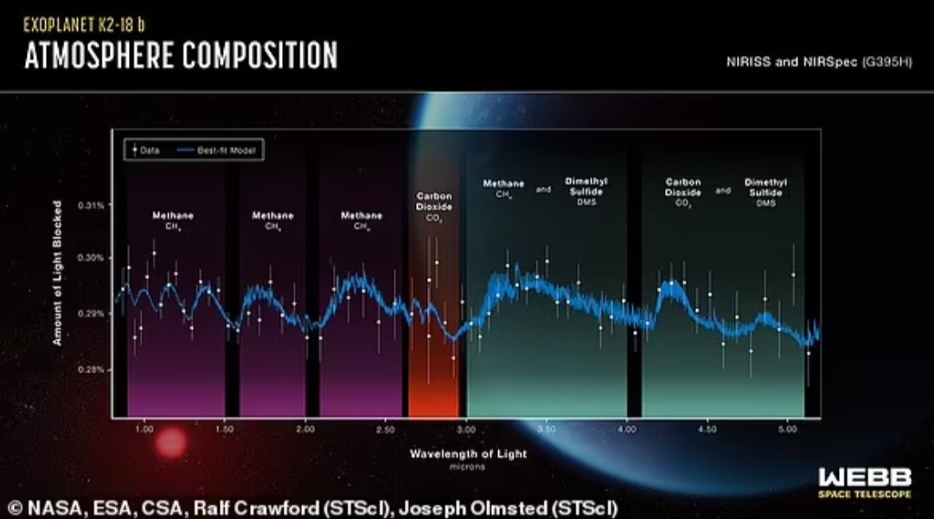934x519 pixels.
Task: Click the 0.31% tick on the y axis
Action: [x=91, y=205]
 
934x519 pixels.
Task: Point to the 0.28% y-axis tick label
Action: [x=91, y=369]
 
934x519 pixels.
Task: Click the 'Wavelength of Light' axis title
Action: [x=468, y=453]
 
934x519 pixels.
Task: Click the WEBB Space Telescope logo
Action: [x=864, y=482]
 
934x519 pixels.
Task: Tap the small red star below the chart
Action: [x=170, y=444]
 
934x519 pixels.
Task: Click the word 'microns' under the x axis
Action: [x=468, y=466]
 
